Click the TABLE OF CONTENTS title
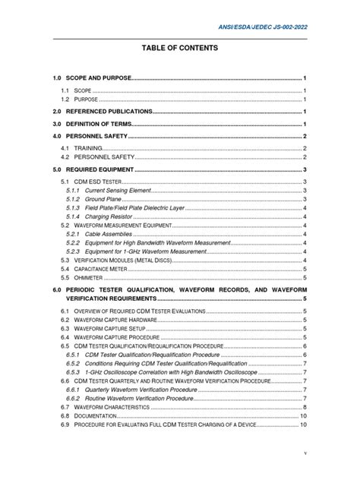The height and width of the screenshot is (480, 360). click(x=180, y=48)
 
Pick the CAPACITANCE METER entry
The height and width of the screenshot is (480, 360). click(x=106, y=269)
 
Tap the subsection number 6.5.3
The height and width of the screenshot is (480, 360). click(x=73, y=373)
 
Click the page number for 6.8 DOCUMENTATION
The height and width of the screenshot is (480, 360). click(x=303, y=416)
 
